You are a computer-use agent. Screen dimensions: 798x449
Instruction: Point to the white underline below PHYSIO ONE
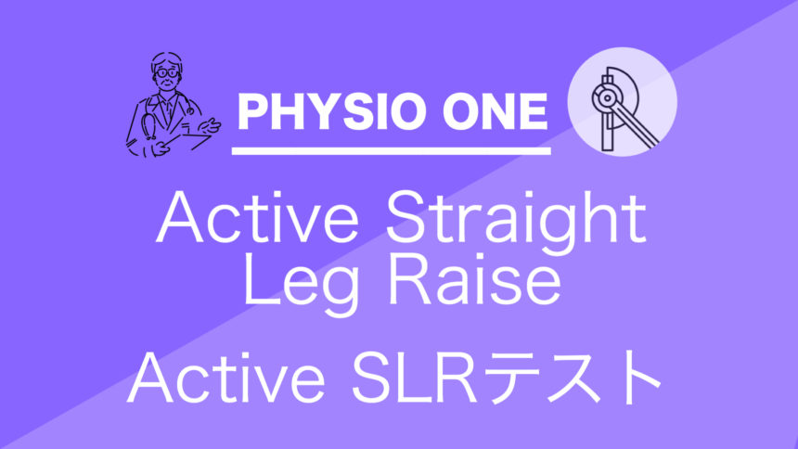coord(391,150)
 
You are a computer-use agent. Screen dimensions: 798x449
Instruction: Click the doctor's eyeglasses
coord(166,73)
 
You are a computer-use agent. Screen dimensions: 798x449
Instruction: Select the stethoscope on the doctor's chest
coord(150,122)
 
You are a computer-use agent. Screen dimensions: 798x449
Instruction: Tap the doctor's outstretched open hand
coord(209,125)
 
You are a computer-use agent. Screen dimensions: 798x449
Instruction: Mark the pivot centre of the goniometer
coord(607,98)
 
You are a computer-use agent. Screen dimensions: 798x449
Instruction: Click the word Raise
coord(474,280)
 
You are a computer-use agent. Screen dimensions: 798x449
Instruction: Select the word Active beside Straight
coord(257,218)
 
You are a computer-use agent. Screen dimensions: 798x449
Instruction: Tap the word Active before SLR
coord(226,377)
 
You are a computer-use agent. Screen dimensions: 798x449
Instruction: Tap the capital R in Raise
coord(408,279)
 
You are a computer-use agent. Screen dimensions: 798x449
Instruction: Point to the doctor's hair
coord(166,58)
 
